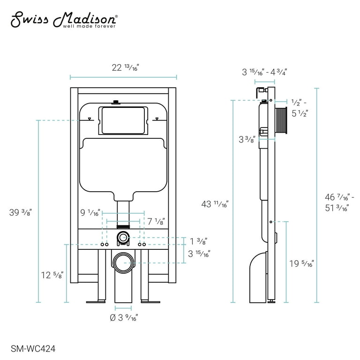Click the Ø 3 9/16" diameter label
tap(123, 317)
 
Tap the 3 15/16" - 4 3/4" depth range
tap(264, 72)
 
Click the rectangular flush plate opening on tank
tap(124, 121)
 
